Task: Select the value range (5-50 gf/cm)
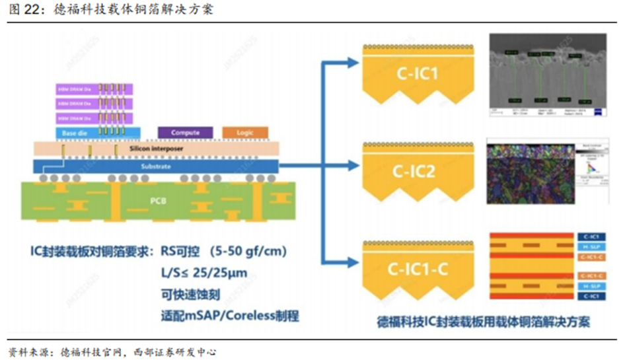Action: pyautogui.click(x=245, y=252)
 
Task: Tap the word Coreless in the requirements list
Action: pyautogui.click(x=246, y=315)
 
